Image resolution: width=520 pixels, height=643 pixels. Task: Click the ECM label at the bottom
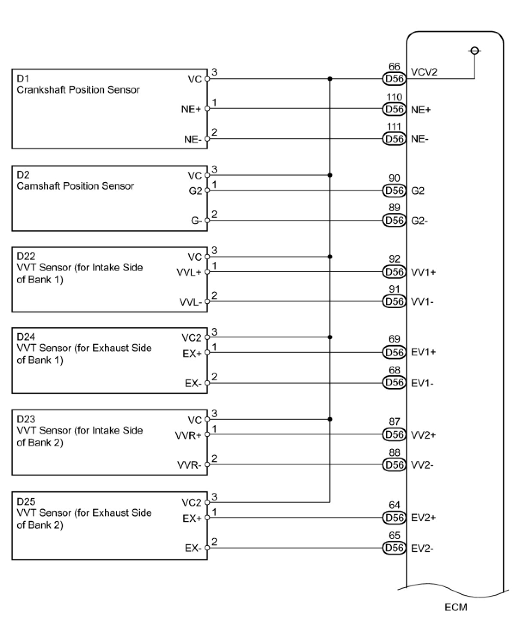pyautogui.click(x=456, y=607)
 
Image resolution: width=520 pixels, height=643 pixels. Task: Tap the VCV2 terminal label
pyautogui.click(x=424, y=72)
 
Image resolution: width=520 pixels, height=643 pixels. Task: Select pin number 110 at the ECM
pyautogui.click(x=394, y=97)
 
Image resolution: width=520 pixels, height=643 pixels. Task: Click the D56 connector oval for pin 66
pyautogui.click(x=394, y=79)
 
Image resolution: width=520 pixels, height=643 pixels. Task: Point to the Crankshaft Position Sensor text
pyautogui.click(x=78, y=90)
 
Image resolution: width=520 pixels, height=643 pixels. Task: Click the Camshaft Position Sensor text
pyautogui.click(x=75, y=186)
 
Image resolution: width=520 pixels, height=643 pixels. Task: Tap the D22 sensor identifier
pyautogui.click(x=26, y=256)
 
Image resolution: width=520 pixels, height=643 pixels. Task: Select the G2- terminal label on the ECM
pyautogui.click(x=419, y=221)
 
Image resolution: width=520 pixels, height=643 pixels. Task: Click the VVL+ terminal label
pyautogui.click(x=189, y=273)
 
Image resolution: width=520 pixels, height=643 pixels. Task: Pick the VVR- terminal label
pyautogui.click(x=189, y=465)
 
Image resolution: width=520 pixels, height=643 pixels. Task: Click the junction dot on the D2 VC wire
pyautogui.click(x=330, y=175)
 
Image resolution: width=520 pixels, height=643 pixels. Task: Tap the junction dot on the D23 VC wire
pyautogui.click(x=330, y=419)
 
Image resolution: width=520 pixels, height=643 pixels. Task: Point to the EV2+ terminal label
pyautogui.click(x=423, y=518)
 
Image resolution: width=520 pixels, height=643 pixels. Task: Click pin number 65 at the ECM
pyautogui.click(x=394, y=536)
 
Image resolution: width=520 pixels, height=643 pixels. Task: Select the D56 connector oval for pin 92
pyautogui.click(x=394, y=272)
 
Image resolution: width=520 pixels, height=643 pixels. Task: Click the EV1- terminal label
pyautogui.click(x=422, y=383)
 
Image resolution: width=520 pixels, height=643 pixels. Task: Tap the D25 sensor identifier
pyautogui.click(x=26, y=501)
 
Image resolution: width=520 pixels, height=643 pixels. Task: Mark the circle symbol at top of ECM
pyautogui.click(x=475, y=51)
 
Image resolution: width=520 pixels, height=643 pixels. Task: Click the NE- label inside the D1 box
pyautogui.click(x=193, y=140)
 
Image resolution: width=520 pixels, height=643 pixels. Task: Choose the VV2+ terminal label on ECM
pyautogui.click(x=423, y=435)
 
